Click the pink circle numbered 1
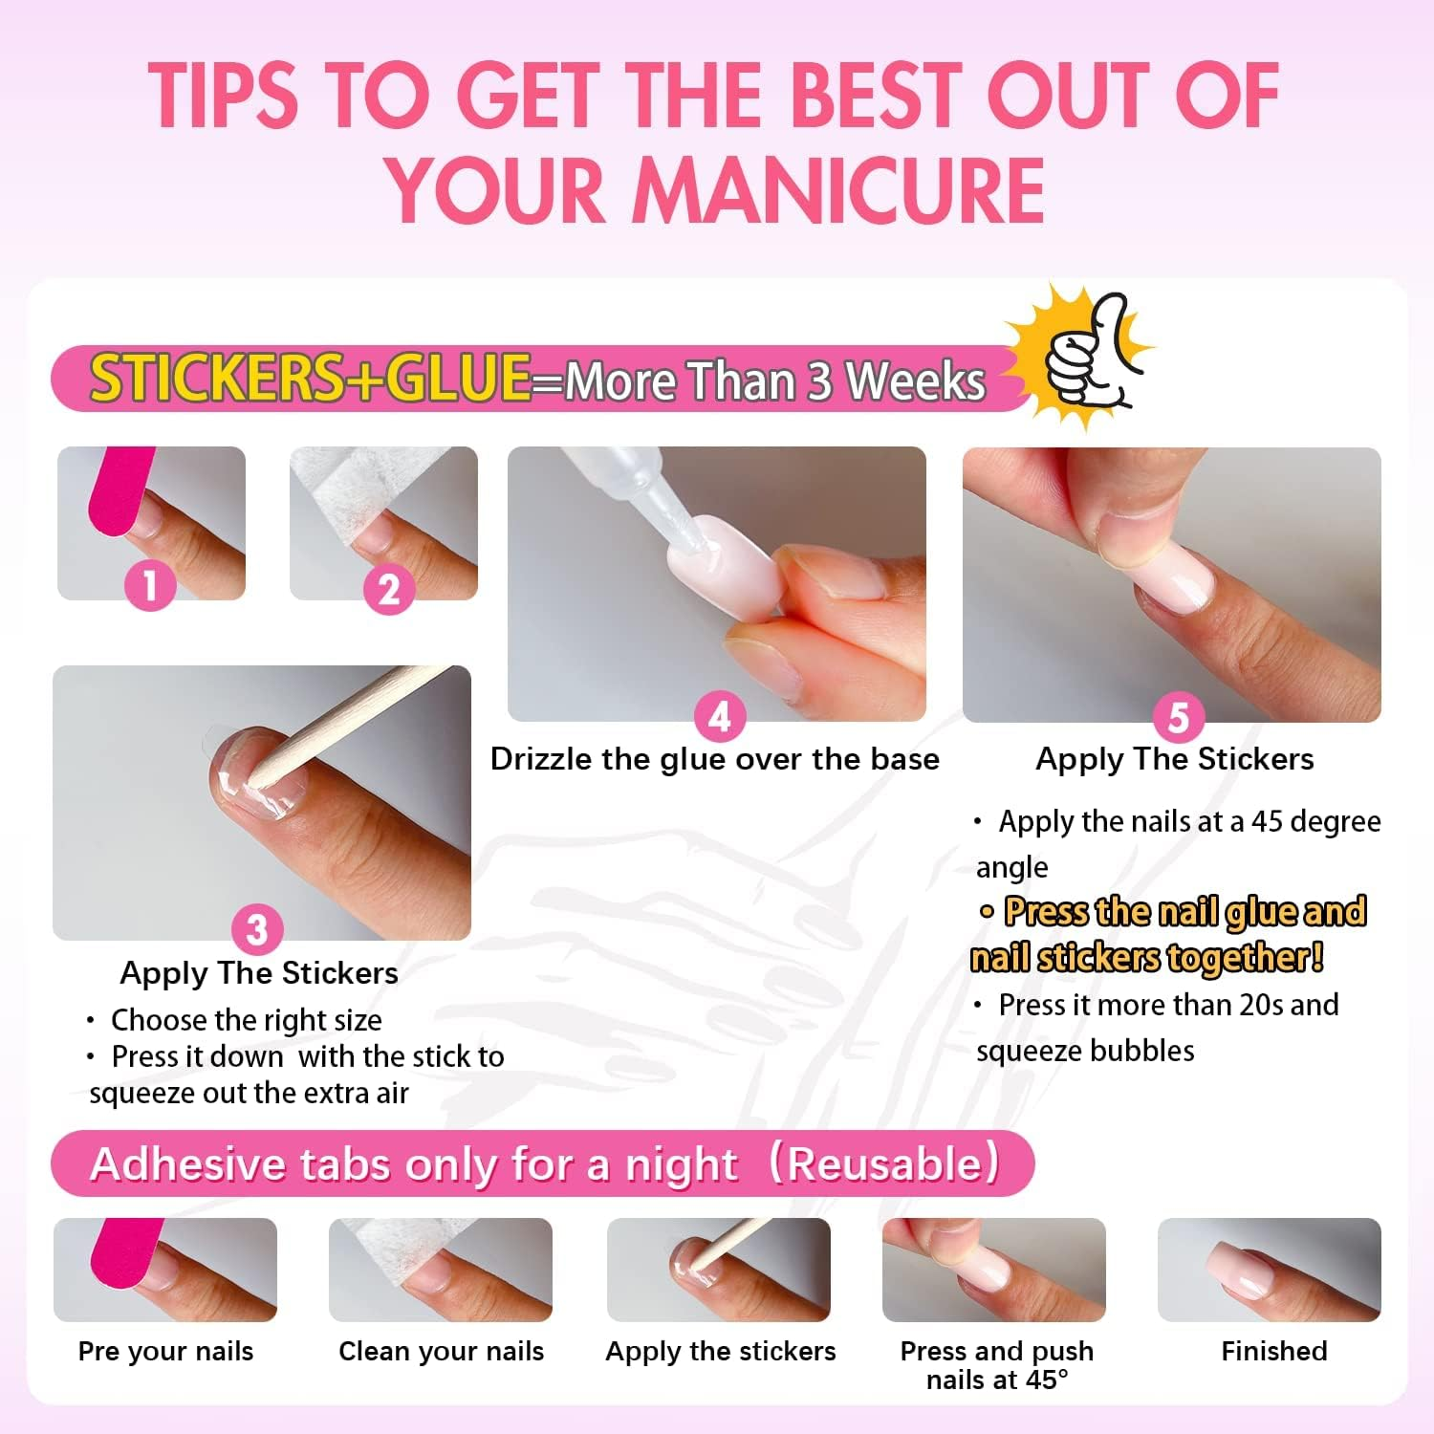pos(150,584)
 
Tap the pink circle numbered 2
pos(388,589)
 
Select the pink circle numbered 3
pos(256,928)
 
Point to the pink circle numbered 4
pos(719,716)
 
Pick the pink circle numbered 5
pos(1178,717)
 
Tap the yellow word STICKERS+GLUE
pos(311,377)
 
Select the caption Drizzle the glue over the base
pos(714,759)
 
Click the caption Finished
pos(1273,1351)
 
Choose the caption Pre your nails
pos(165,1351)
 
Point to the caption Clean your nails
pos(441,1351)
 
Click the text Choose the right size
pos(246,1020)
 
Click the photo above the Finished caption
pos(1269,1269)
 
